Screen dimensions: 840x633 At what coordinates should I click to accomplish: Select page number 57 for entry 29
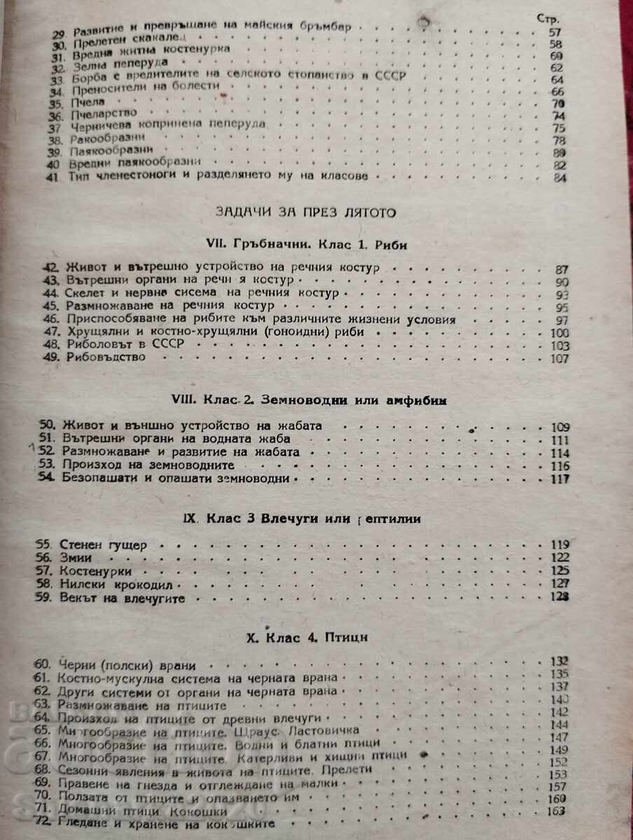[x=557, y=33]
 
